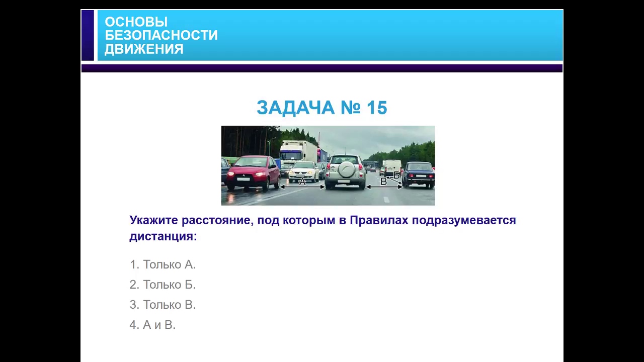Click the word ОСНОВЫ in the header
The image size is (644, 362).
(x=136, y=22)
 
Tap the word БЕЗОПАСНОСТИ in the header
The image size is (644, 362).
(x=161, y=36)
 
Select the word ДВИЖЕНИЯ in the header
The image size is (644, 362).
(x=144, y=49)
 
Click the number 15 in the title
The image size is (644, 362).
(x=377, y=108)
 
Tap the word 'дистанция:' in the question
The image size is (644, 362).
(x=163, y=236)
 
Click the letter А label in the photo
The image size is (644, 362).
(x=302, y=182)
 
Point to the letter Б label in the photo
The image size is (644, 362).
(x=396, y=175)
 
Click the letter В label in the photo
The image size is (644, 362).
(x=383, y=182)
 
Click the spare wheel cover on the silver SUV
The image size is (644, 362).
(x=346, y=169)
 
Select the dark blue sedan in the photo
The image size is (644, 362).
(x=418, y=174)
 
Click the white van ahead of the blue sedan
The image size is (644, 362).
(x=392, y=167)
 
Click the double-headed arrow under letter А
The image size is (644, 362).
(x=302, y=187)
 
